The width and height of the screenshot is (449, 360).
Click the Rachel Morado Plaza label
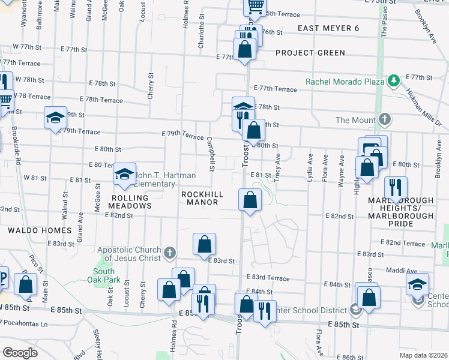point(344,82)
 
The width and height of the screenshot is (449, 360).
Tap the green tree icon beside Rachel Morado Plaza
point(394,80)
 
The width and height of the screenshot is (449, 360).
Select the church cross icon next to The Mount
point(384,119)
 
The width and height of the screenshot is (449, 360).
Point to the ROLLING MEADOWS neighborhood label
point(130,202)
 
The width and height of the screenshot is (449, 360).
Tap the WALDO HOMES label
point(31,230)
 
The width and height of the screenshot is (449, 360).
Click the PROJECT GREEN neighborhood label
point(310,53)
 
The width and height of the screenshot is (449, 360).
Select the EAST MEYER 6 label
point(328,29)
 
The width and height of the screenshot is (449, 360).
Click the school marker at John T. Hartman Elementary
point(125,175)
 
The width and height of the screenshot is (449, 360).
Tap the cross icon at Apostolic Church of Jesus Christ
point(169,252)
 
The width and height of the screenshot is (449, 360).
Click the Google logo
point(19,353)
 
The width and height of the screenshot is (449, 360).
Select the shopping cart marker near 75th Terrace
point(255,7)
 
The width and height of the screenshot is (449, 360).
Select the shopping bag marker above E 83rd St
point(204,244)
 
